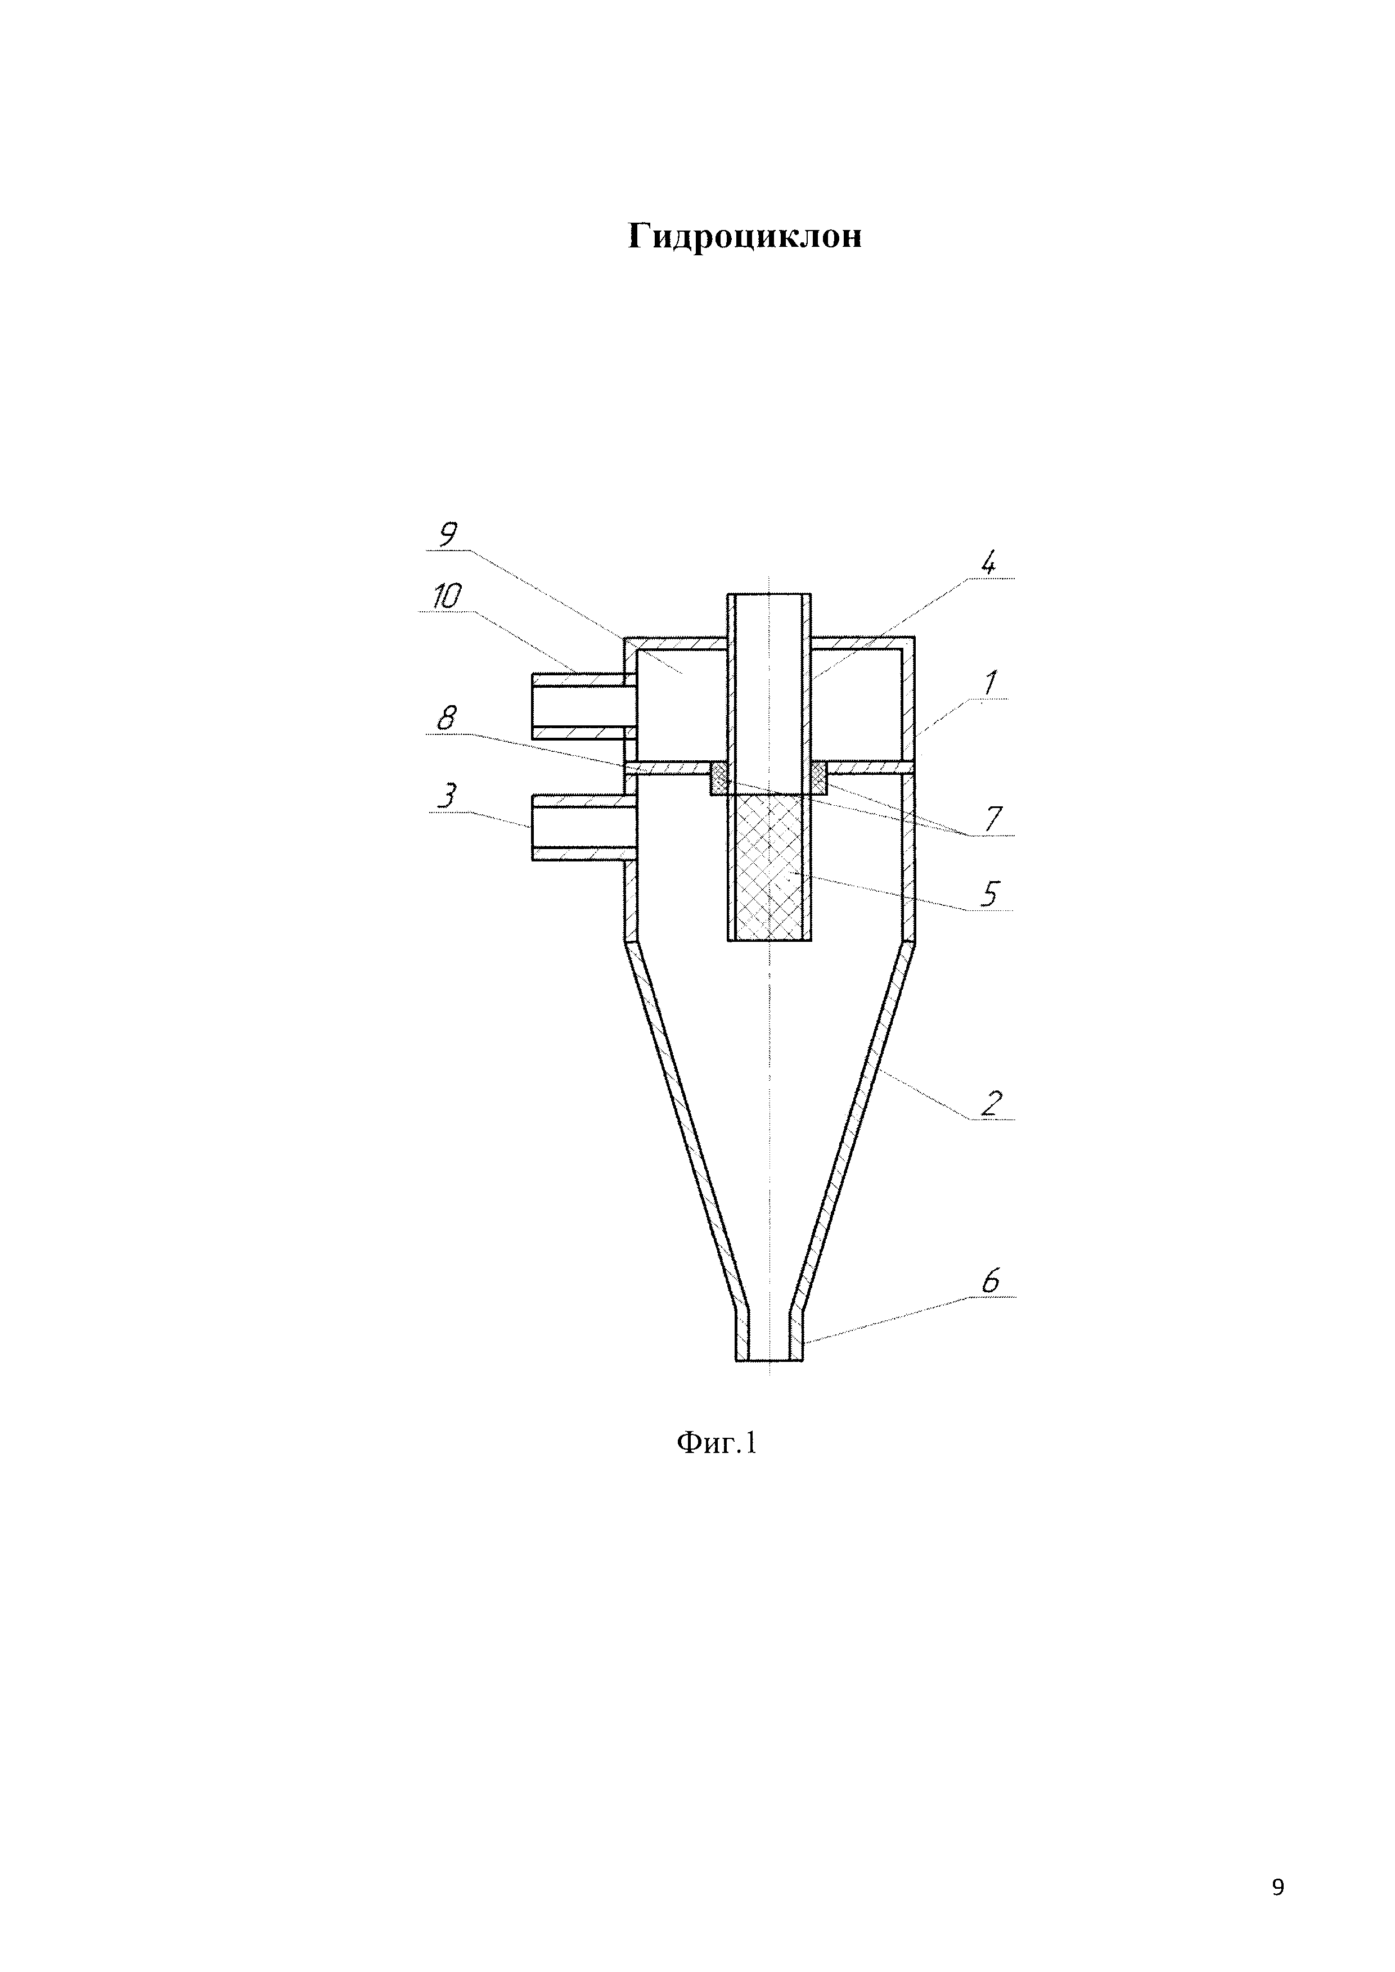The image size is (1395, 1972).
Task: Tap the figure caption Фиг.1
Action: pos(717,1443)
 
